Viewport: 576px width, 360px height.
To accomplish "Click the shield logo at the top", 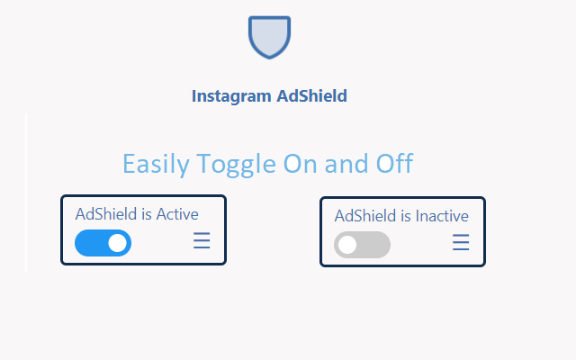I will (269, 37).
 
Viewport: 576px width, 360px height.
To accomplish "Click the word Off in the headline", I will (394, 164).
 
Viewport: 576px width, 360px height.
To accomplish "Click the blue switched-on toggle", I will (103, 243).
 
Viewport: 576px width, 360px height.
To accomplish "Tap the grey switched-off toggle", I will (362, 244).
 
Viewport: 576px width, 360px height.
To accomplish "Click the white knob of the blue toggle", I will (117, 243).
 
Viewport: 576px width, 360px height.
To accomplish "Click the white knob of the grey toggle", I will (348, 244).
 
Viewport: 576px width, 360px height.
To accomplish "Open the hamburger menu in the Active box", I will (202, 242).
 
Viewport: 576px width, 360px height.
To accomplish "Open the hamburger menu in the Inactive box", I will (461, 243).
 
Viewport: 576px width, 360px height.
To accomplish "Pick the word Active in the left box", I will (177, 214).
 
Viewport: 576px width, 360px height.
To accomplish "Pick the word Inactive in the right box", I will (440, 215).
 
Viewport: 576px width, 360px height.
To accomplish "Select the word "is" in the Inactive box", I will (406, 215).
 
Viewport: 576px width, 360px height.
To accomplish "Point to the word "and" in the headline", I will (346, 164).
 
